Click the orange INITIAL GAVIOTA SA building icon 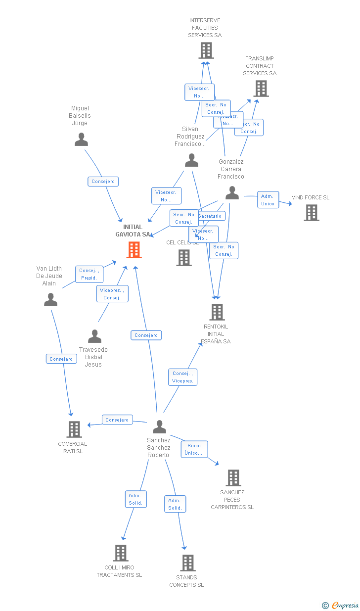pos(134,250)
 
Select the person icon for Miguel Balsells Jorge pos(81,140)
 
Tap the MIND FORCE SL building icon pos(311,212)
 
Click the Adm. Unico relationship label pos(268,200)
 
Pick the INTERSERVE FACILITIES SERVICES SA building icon pos(206,50)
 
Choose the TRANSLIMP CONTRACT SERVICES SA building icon pos(261,89)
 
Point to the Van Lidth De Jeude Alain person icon pos(50,300)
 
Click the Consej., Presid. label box pos(89,274)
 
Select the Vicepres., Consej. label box pos(112,294)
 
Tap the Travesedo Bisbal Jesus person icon pos(94,336)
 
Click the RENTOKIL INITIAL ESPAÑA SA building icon pos(217,312)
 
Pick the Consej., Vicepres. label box pos(182,377)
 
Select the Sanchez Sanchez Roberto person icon pos(159,426)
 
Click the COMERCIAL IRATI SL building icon pos(74,429)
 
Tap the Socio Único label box pos(194,449)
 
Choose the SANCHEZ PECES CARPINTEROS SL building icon pos(233,478)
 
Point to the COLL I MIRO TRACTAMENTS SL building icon pos(120,553)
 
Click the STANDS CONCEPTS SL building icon pos(187,563)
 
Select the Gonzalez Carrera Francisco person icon pos(232,193)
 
